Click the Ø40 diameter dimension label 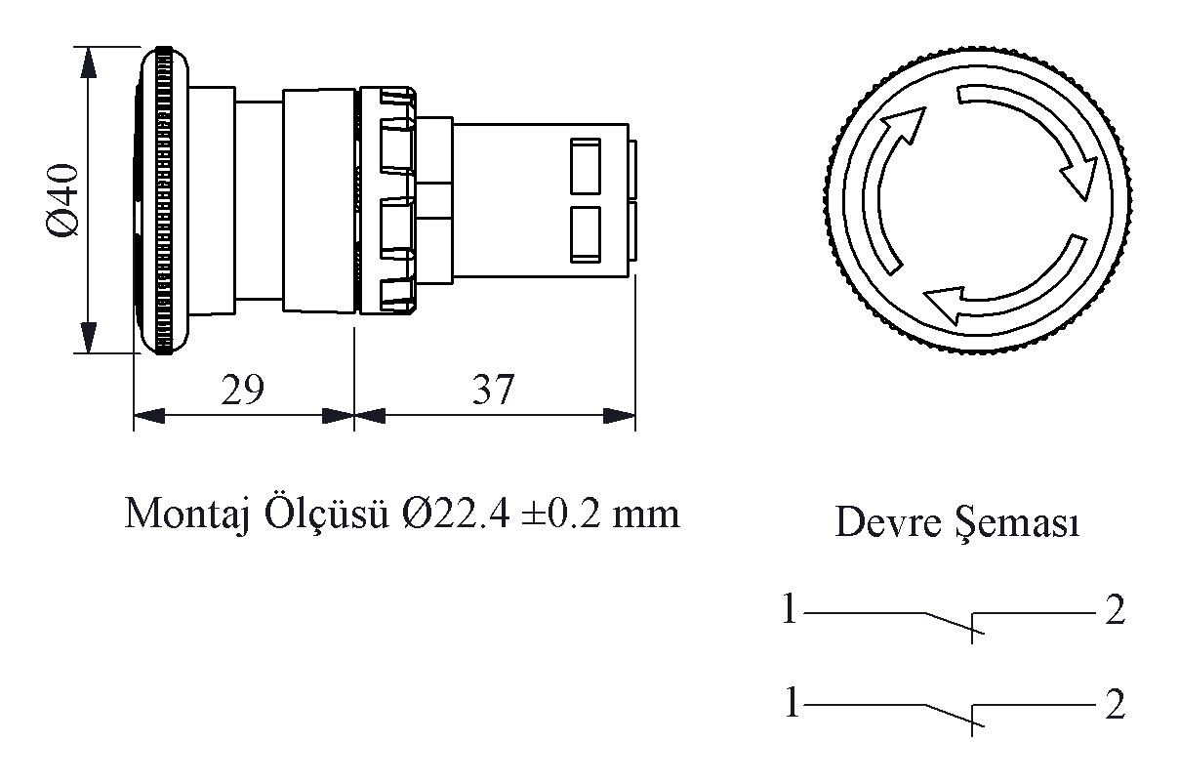coord(63,200)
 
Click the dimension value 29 coord(242,390)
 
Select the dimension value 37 coord(493,390)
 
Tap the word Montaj coord(186,515)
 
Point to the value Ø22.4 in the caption coord(456,514)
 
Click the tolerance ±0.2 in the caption coord(561,514)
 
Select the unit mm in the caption coord(646,517)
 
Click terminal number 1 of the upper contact coord(789,608)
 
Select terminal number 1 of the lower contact coord(792,702)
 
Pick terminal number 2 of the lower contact coord(1115,704)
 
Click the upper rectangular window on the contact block coord(586,166)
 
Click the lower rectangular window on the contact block coord(586,234)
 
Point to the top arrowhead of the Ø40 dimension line coord(89,62)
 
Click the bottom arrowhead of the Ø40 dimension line coord(89,337)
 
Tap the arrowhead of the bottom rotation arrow coord(944,305)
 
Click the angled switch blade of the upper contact coord(955,623)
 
